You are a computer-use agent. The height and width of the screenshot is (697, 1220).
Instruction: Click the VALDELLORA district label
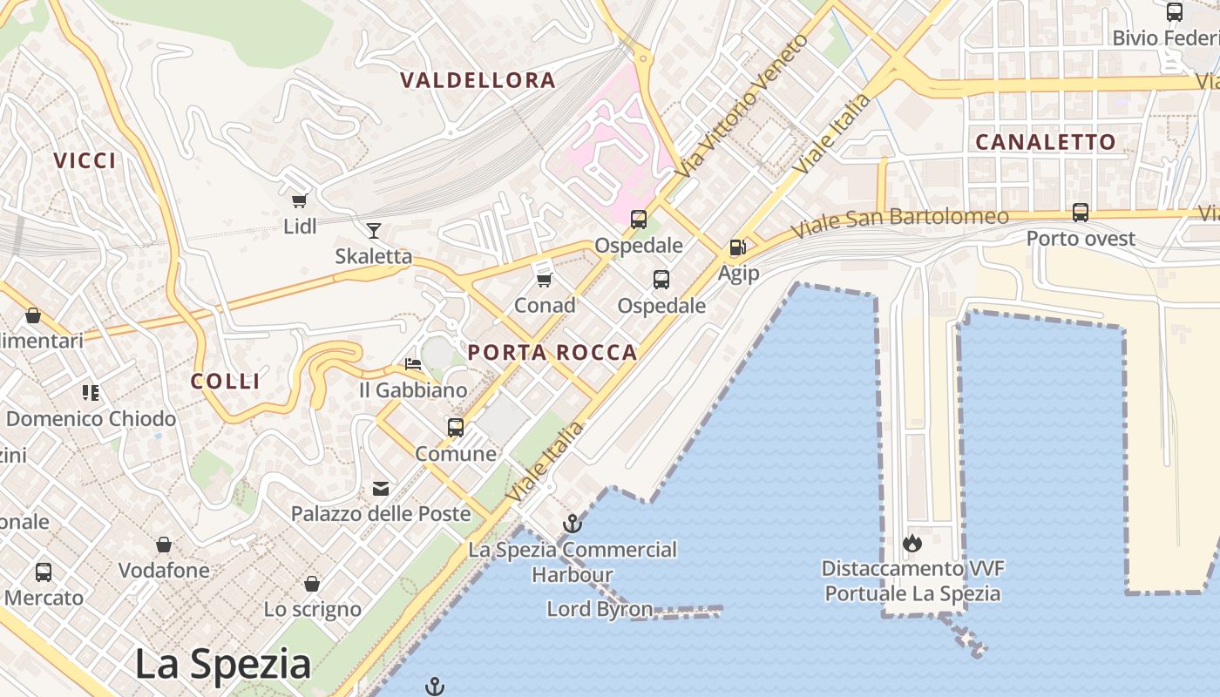pyautogui.click(x=478, y=80)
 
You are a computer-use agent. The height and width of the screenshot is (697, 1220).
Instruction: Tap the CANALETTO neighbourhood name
pyautogui.click(x=1045, y=142)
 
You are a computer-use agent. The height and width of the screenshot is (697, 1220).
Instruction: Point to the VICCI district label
pyautogui.click(x=85, y=160)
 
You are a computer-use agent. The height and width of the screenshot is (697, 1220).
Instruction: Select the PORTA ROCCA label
pyautogui.click(x=552, y=352)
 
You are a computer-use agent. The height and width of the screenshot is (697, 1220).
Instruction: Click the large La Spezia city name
pyautogui.click(x=222, y=665)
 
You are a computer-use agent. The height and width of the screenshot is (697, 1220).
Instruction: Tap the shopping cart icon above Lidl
pyautogui.click(x=299, y=200)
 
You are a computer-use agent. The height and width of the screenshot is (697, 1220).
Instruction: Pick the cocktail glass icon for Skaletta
pyautogui.click(x=374, y=230)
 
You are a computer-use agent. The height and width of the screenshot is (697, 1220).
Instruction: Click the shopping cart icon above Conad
pyautogui.click(x=545, y=280)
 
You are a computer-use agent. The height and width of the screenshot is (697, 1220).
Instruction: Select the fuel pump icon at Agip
pyautogui.click(x=738, y=247)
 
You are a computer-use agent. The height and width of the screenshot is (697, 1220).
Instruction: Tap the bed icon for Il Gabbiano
pyautogui.click(x=413, y=363)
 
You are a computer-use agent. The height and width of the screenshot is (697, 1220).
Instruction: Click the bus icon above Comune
pyautogui.click(x=456, y=427)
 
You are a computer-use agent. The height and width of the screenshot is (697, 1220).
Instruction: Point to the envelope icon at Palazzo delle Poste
pyautogui.click(x=381, y=488)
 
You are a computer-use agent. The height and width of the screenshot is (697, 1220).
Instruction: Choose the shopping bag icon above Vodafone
pyautogui.click(x=164, y=545)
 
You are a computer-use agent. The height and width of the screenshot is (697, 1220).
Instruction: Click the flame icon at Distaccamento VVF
pyautogui.click(x=912, y=543)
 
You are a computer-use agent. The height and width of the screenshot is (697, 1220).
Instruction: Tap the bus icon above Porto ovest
pyautogui.click(x=1081, y=212)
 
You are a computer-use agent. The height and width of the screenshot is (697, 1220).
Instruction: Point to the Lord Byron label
pyautogui.click(x=600, y=609)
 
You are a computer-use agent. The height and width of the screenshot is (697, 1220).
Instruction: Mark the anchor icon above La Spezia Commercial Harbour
pyautogui.click(x=573, y=524)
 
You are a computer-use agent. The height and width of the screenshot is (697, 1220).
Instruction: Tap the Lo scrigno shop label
pyautogui.click(x=312, y=609)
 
